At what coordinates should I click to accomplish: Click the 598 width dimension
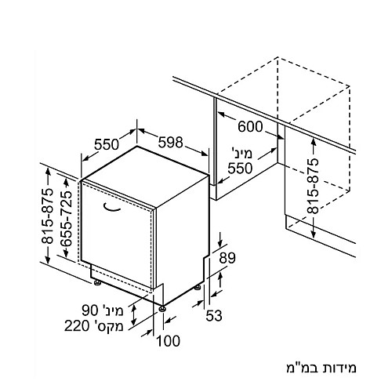[171, 143]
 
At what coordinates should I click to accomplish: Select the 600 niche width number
[250, 127]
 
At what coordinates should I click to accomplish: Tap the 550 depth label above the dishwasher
[107, 144]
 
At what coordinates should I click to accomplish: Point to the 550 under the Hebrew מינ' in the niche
[240, 169]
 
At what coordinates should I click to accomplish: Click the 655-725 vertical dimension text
[66, 218]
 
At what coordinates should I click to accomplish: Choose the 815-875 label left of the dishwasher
[47, 216]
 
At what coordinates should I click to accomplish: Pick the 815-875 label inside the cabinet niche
[313, 186]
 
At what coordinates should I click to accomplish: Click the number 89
[227, 258]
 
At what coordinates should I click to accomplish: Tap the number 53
[214, 315]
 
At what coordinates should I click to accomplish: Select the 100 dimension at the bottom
[169, 341]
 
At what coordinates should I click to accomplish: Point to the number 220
[77, 326]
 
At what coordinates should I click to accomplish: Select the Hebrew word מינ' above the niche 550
[242, 153]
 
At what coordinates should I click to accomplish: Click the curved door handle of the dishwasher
[111, 207]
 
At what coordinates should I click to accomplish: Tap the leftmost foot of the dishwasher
[98, 283]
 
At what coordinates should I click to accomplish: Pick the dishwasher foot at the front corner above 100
[162, 309]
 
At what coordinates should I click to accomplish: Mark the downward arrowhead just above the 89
[221, 244]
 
